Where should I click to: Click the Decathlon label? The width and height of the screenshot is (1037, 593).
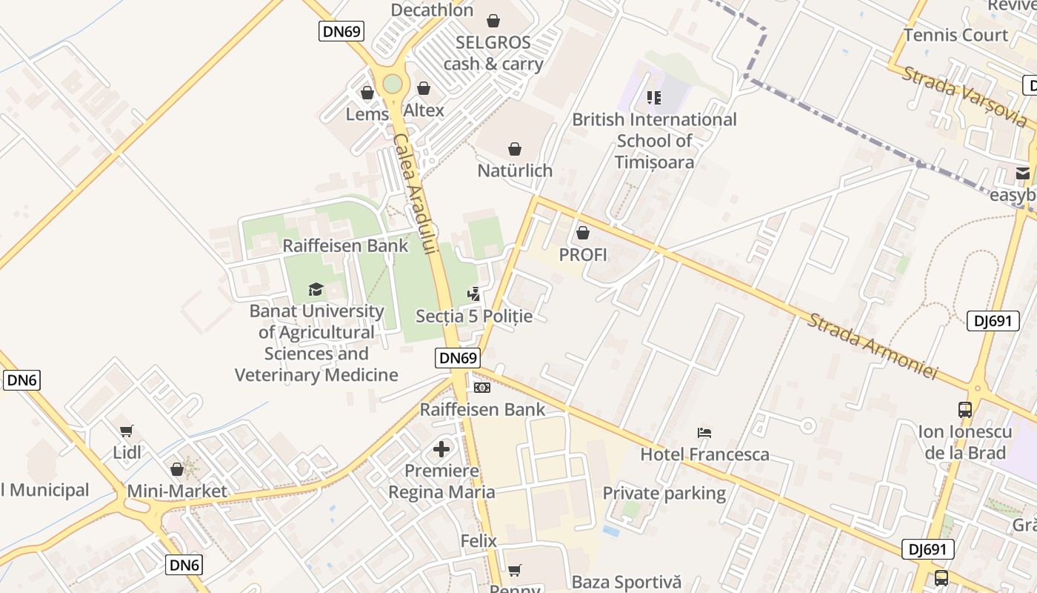click(x=432, y=10)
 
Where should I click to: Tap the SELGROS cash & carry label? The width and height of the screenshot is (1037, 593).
click(x=493, y=53)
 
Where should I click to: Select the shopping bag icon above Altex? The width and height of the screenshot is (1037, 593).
click(x=424, y=89)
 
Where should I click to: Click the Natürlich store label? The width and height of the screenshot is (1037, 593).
click(x=515, y=170)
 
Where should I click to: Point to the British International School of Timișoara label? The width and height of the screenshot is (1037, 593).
click(x=655, y=140)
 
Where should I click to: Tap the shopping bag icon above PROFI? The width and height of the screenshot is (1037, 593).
click(x=583, y=233)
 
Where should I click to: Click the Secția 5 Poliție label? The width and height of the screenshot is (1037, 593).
click(x=474, y=316)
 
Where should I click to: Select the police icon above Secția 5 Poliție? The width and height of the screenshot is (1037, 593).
click(x=473, y=294)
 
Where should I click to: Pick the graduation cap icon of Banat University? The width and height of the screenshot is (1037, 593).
click(x=316, y=289)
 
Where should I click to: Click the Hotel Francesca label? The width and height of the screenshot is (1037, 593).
click(x=704, y=454)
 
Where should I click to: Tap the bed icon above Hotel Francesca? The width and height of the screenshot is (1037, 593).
click(x=704, y=433)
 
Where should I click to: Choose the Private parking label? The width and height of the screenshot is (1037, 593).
click(x=664, y=493)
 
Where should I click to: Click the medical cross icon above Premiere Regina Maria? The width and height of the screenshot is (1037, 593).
click(x=441, y=448)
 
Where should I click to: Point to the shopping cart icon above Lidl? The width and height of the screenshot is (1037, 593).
click(x=127, y=431)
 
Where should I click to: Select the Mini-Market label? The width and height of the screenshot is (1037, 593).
click(x=177, y=491)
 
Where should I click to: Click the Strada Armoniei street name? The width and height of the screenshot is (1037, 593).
click(x=872, y=346)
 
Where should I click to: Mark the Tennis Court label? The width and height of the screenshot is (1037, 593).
click(x=956, y=35)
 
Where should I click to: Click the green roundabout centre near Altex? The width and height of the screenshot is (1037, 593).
click(x=393, y=84)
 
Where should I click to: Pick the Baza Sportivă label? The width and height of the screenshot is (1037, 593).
click(x=627, y=582)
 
